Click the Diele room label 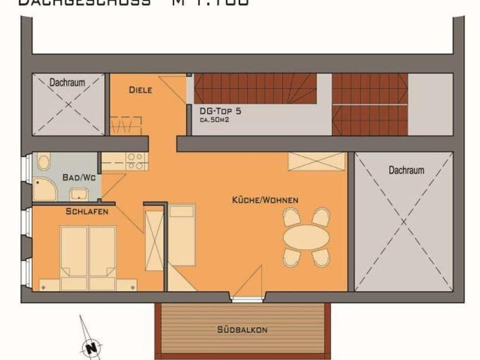pyautogui.click(x=140, y=90)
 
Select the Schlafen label pyautogui.click(x=87, y=212)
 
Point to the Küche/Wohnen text pyautogui.click(x=265, y=200)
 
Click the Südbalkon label pyautogui.click(x=242, y=329)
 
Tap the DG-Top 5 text pyautogui.click(x=220, y=111)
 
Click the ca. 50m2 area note pyautogui.click(x=214, y=120)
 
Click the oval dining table pyautogui.click(x=306, y=237)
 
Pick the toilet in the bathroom pyautogui.click(x=44, y=162)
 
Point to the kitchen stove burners pyautogui.click(x=135, y=161)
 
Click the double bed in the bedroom pyautogui.click(x=88, y=252)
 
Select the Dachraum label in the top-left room pyautogui.click(x=67, y=82)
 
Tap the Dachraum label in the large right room pyautogui.click(x=406, y=170)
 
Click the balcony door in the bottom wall pyautogui.click(x=246, y=299)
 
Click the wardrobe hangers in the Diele pyautogui.click(x=125, y=125)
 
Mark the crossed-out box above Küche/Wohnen pyautogui.click(x=316, y=161)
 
